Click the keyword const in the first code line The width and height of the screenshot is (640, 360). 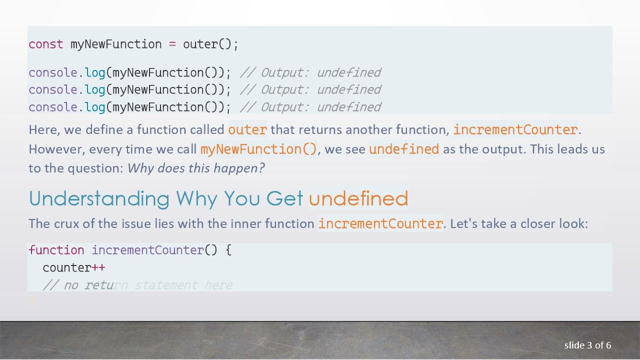(46, 44)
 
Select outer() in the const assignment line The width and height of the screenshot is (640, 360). (207, 44)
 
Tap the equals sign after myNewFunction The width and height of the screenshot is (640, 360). (172, 44)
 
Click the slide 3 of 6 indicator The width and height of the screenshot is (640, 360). (587, 345)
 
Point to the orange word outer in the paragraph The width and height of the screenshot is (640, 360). (247, 130)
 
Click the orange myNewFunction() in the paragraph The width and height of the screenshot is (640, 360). (258, 149)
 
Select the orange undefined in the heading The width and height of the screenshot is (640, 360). (358, 199)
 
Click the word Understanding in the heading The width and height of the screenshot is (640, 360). (99, 199)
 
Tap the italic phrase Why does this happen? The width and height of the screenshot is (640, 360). (196, 168)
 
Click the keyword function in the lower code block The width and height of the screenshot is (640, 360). (56, 250)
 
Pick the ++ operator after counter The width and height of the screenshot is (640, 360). (98, 268)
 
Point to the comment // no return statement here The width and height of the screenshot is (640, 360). (137, 285)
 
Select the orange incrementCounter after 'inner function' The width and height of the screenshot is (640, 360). (380, 223)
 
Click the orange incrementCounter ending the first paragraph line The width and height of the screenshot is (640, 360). (515, 130)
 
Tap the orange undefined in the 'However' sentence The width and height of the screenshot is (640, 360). (404, 149)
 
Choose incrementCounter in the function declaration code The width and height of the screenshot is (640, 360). (147, 250)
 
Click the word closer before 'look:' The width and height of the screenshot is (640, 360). (537, 223)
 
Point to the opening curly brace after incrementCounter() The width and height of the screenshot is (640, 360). (228, 250)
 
